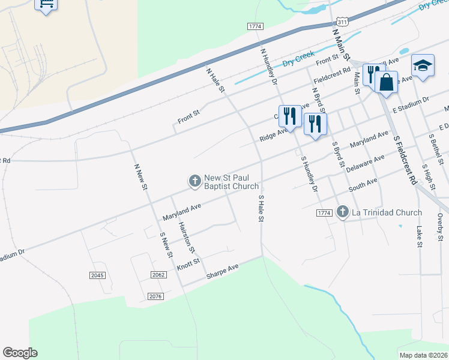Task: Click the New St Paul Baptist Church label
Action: [x=231, y=182]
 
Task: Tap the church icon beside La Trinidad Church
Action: [x=342, y=212]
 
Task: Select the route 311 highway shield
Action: [x=342, y=22]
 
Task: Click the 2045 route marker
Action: [x=97, y=275]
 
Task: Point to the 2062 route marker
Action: [x=158, y=275]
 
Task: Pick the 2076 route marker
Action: [x=155, y=296]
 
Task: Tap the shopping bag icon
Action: [x=387, y=82]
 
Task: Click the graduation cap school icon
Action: [x=423, y=65]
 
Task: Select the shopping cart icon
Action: [x=46, y=5]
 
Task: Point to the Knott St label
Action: [x=188, y=265]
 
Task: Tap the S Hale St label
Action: [x=261, y=208]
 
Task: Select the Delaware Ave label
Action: [x=365, y=163]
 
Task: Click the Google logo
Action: [x=20, y=353]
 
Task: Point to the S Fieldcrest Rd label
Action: [x=405, y=159]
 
